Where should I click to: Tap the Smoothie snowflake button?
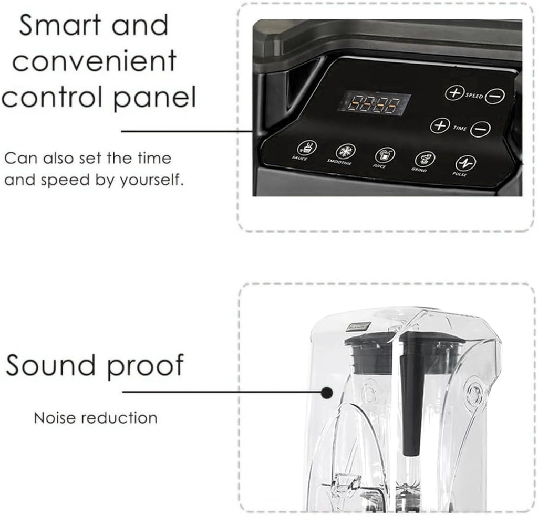pos(345,151)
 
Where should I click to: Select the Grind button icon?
pos(425,159)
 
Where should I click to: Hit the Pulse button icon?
pos(465,163)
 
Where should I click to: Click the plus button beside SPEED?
pos(453,93)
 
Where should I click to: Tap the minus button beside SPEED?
pos(494,96)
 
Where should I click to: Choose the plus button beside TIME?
pos(440,125)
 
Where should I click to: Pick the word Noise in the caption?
pos(55,418)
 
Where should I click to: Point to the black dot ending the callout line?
pos(327,392)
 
